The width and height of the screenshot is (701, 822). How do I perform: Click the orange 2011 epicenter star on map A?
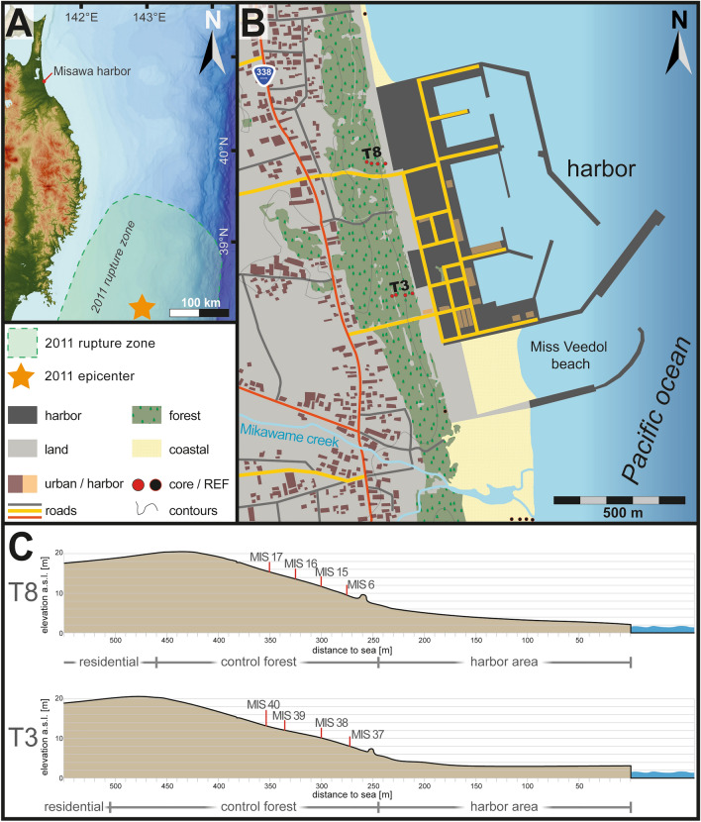143,305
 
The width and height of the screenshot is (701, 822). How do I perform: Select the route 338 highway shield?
263,76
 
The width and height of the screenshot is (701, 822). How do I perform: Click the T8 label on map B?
372,153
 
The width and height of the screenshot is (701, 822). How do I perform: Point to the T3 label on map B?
400,284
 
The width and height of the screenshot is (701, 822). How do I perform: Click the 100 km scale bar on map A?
199,313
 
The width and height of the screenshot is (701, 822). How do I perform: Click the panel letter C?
21,546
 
